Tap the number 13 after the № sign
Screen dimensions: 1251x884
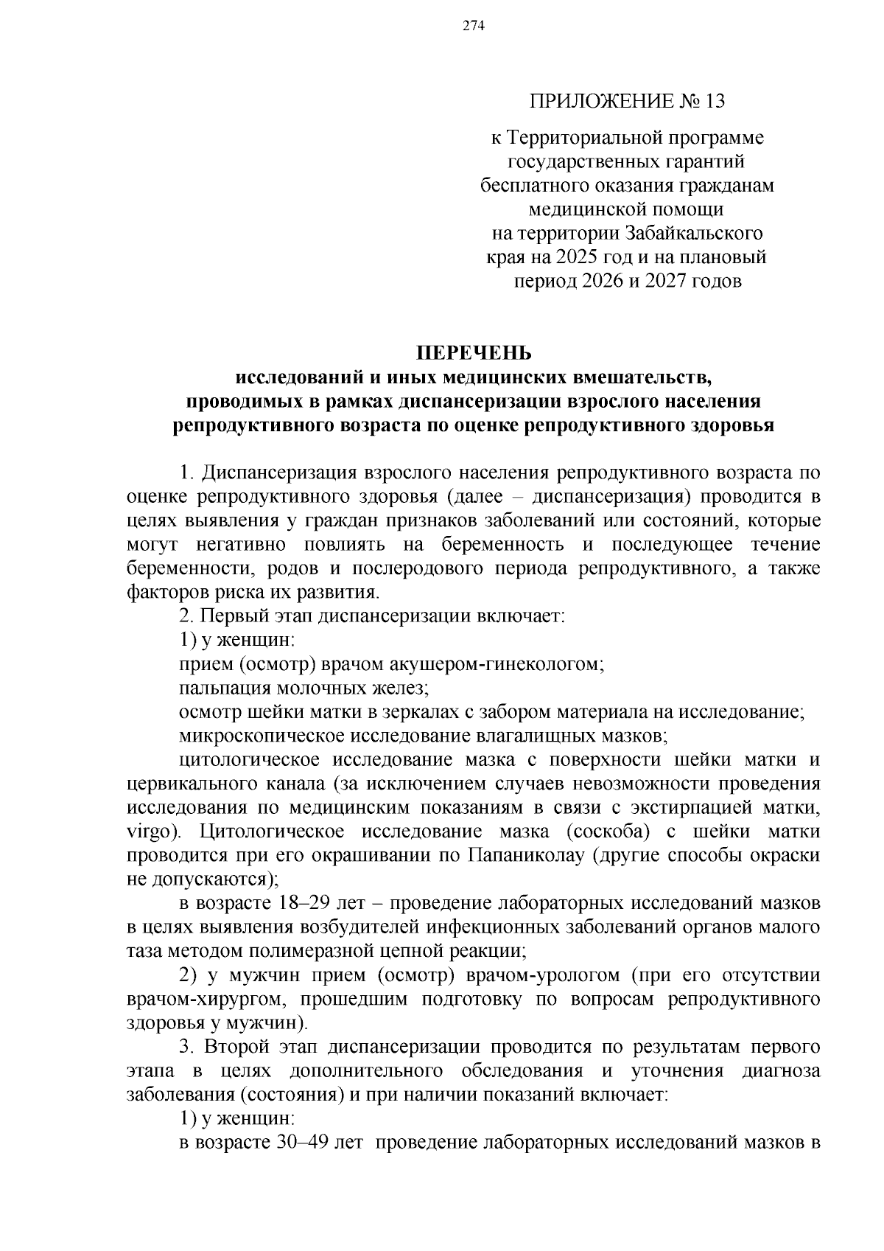714,101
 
